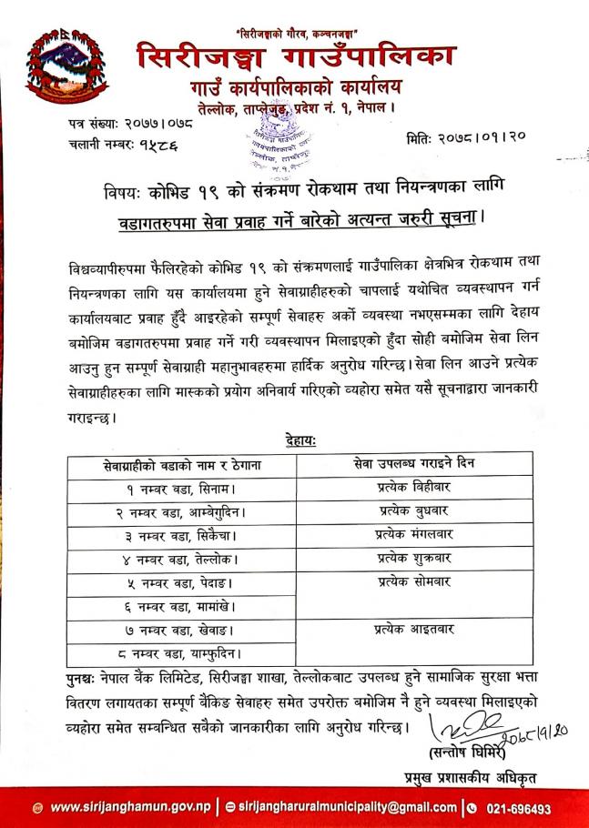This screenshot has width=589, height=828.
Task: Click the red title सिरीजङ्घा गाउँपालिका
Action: click(297, 57)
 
